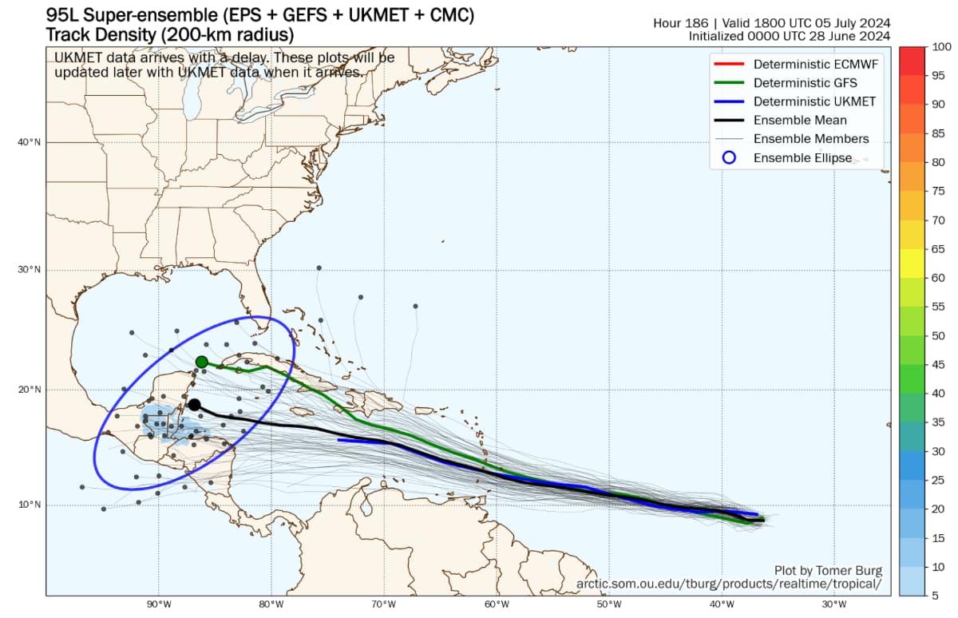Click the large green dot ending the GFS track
(x=202, y=362)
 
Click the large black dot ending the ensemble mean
(x=194, y=405)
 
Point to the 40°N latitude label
(x=29, y=142)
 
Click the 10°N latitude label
(x=29, y=505)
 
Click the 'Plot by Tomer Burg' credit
(x=828, y=570)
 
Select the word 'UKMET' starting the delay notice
(x=77, y=57)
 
